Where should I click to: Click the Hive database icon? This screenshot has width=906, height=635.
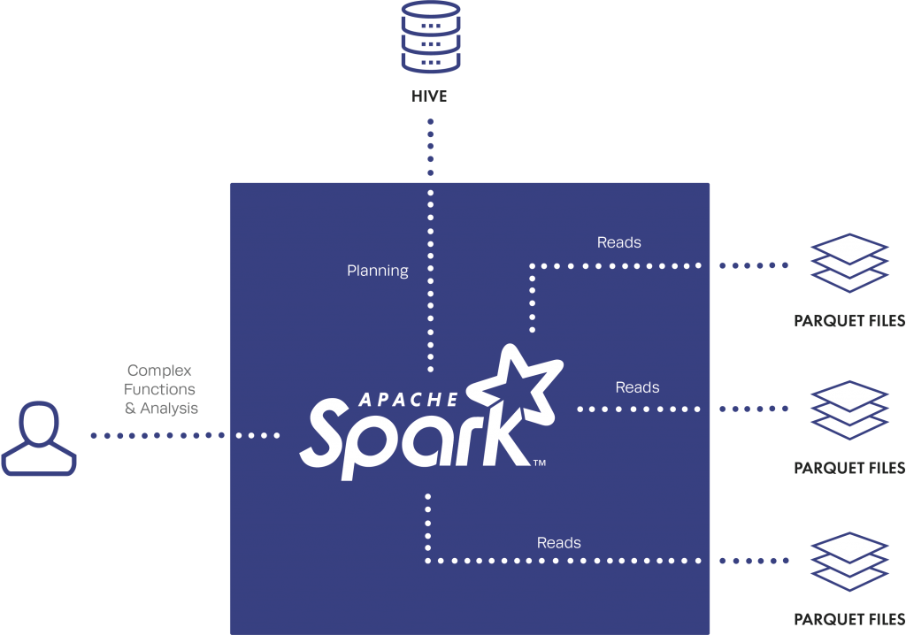[430, 38]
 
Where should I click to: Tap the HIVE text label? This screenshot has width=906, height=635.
[430, 96]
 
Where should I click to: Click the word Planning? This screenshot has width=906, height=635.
[378, 271]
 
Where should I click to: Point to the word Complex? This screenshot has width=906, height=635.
[159, 371]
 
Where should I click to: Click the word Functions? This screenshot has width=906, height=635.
[159, 389]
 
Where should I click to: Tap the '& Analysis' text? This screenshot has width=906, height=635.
[161, 409]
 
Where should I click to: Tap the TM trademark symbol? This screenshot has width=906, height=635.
[538, 463]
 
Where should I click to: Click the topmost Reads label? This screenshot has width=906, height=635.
[619, 242]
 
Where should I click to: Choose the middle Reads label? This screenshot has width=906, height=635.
[637, 387]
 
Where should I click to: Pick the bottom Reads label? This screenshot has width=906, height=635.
[559, 542]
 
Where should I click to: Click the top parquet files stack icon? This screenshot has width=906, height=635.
[849, 263]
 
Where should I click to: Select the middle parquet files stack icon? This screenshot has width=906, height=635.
[849, 409]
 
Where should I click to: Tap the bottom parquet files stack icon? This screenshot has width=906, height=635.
[849, 561]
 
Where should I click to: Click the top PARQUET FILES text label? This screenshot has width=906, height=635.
[849, 321]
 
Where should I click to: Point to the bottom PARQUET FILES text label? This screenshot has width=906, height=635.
[849, 620]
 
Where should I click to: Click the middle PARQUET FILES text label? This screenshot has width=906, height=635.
[849, 468]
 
